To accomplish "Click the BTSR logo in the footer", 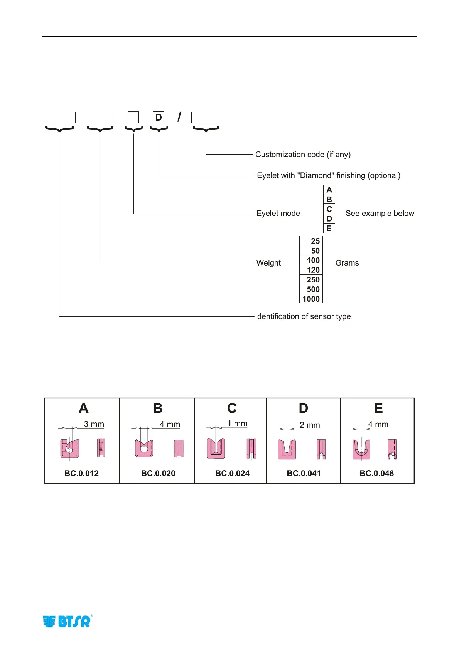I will tap(67, 621).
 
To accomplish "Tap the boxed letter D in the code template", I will tap(159, 118).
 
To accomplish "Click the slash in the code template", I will tap(179, 117).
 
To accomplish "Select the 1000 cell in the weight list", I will tap(311, 299).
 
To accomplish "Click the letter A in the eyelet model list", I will tap(329, 190).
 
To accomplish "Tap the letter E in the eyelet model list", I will tap(329, 229).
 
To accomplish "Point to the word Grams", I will tap(347, 263).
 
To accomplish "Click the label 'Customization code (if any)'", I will tap(303, 155).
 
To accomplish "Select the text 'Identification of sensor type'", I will tap(303, 316).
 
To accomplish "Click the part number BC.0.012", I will tap(81, 473).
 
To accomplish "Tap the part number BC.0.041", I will tap(304, 473).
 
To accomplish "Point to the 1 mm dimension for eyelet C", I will tap(237, 424).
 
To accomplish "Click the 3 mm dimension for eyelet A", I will tap(94, 424).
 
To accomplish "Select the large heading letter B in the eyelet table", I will tap(158, 408).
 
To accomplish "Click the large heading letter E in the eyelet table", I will tap(378, 408).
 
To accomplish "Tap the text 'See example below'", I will tap(380, 214).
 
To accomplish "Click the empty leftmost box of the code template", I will tap(59, 118).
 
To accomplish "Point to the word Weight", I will tap(268, 263).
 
